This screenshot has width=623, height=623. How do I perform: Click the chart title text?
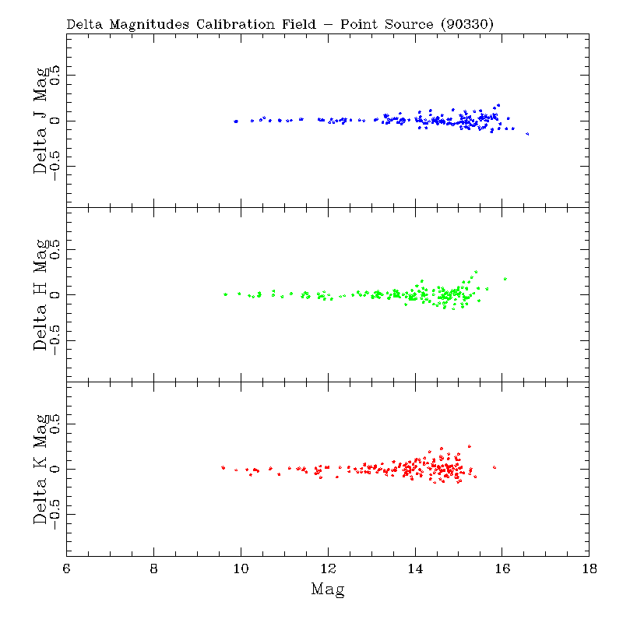coord(280,24)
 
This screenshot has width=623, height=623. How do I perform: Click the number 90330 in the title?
coord(466,24)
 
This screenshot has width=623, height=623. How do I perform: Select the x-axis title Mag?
coord(328,589)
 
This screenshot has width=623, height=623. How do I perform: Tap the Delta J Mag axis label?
coord(43,121)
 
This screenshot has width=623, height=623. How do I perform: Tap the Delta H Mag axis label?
coord(43,294)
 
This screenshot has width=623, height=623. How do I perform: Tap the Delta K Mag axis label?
coord(43,469)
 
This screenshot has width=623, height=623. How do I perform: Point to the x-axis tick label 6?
coord(67,568)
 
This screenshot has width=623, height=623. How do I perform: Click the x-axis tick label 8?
coord(154,568)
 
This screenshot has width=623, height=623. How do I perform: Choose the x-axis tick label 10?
coord(241,568)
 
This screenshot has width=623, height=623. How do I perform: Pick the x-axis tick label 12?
coord(328,568)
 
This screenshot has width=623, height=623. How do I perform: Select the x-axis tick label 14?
coord(415,568)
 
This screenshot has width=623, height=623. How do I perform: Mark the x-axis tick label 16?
coord(502,568)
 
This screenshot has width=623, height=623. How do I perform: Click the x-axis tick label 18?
coord(590,568)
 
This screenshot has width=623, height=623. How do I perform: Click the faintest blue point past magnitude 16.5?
coord(527,134)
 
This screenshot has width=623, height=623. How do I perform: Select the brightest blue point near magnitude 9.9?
coord(236,121)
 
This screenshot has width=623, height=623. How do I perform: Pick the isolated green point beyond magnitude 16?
coord(505,278)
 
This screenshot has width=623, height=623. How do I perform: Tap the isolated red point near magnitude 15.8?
coord(495,467)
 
